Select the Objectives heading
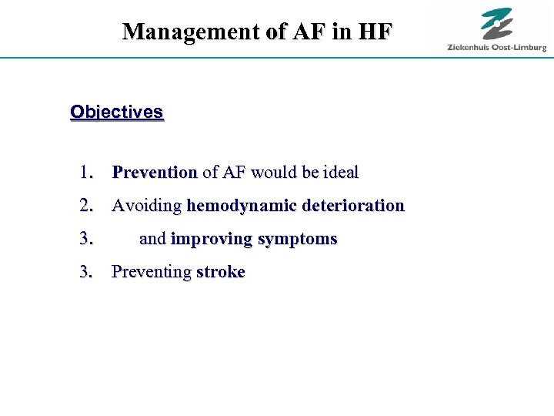pos(116,112)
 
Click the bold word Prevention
pos(155,173)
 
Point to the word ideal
pos(340,173)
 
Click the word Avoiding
pos(147,206)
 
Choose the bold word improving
pos(211,239)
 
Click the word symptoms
pos(297,240)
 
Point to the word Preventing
pos(152,272)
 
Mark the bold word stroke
pos(221,272)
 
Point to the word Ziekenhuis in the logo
pos(470,48)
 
